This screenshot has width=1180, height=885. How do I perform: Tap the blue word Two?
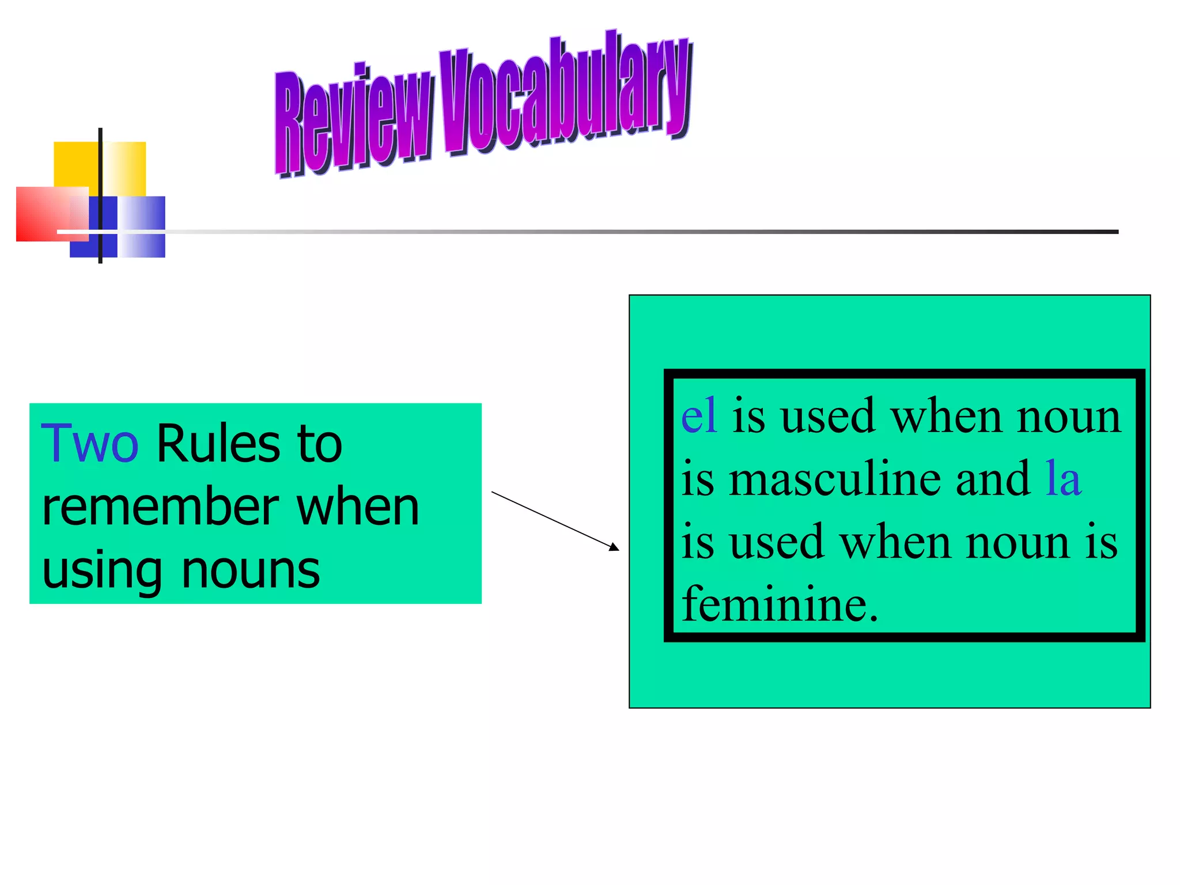[90, 444]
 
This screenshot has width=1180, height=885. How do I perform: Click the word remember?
[162, 508]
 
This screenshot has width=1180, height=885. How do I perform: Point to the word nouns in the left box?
[251, 570]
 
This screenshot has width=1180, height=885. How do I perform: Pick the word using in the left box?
[102, 572]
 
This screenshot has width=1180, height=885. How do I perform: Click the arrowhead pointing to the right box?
[614, 547]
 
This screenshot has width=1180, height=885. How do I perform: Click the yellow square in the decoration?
[75, 164]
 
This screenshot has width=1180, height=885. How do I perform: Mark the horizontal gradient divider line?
[634, 232]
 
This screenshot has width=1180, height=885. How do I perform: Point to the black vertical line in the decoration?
[100, 173]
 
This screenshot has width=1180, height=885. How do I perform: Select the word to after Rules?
[319, 444]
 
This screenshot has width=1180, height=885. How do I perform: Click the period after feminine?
[873, 618]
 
